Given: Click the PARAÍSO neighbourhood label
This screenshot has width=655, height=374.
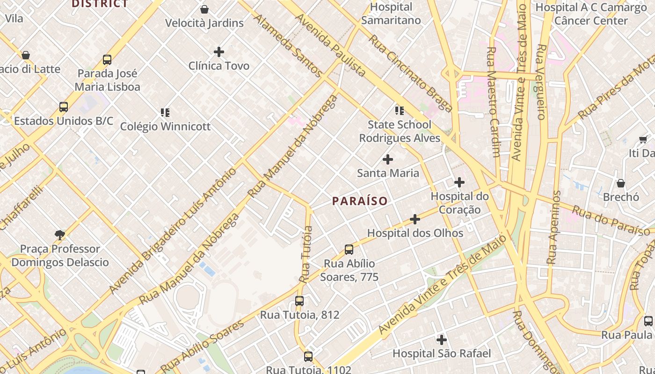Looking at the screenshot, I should coord(360,201).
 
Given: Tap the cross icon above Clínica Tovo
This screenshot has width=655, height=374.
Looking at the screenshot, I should coord(218,52).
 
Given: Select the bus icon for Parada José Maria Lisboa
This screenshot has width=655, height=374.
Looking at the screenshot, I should coord(107,60).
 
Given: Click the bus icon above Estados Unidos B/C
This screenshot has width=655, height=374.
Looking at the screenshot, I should coord(64,107).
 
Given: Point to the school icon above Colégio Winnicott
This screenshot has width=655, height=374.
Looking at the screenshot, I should coord(165,113).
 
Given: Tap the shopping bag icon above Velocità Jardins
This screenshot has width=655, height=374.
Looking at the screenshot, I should coord(204,9).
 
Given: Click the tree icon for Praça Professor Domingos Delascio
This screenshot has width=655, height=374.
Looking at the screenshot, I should coord(59,235).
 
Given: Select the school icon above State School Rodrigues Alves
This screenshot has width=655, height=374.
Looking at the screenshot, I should coord(399,111).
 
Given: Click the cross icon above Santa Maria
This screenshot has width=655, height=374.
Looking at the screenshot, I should coord(388,159).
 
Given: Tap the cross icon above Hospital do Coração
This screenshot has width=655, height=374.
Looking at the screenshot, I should coord(459,182).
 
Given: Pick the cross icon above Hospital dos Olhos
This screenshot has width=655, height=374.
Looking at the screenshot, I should coord(415,219).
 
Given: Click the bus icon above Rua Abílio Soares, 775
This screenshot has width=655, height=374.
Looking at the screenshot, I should coord(349,250).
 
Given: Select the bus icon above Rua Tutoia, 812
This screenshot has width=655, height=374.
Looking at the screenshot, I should coord(299,301).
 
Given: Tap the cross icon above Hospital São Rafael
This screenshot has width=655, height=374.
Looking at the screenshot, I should coord(441,340).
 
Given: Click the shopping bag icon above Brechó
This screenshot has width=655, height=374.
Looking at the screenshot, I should coord(621,183).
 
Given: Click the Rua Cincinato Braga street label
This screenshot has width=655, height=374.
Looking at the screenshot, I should coord(410,73).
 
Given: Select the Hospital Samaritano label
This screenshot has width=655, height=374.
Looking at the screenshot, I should coord(391,14).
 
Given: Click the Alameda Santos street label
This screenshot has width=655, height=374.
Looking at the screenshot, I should coord(288,45).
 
